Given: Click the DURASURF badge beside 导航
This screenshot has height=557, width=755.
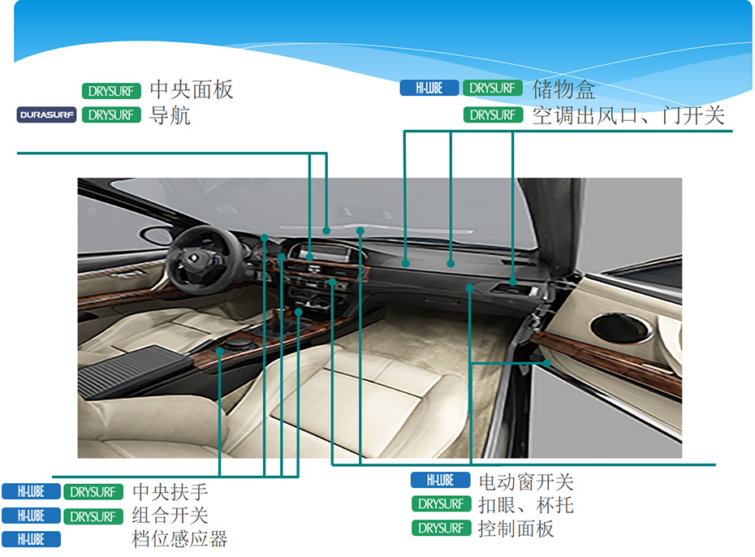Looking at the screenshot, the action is tap(46, 114).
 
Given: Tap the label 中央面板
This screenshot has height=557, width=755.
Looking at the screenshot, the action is tap(191, 89).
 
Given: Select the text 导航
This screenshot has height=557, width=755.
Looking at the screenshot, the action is tap(170, 115).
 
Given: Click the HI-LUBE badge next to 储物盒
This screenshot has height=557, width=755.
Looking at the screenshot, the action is tap(429, 88).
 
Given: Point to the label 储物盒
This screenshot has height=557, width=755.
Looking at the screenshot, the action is tap(563, 89).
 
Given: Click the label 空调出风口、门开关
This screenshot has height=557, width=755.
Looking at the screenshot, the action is tap(628, 115).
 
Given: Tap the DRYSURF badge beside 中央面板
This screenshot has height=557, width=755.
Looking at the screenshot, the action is tap(111, 90).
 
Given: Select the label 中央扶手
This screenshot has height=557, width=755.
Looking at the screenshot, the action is tap(170, 491).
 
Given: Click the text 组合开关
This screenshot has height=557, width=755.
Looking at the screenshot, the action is tap(170, 516).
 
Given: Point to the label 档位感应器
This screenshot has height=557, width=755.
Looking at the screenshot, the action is tap(179, 539).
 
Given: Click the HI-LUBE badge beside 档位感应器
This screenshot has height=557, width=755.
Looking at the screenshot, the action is tap(32, 539).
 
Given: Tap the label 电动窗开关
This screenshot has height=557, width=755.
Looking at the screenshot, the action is tap(526, 481).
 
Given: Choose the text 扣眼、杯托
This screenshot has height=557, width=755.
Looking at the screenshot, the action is tap(526, 505).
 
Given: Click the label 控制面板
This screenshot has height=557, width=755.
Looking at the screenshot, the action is tap(516, 529).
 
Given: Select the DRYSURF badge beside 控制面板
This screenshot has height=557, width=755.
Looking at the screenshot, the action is tap(441, 528).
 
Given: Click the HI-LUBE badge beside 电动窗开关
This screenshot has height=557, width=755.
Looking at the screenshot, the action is tap(441, 480).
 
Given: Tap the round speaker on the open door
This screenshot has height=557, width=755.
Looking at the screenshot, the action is tap(621, 328).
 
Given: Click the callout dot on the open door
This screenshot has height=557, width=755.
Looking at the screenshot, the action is tap(546, 363).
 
